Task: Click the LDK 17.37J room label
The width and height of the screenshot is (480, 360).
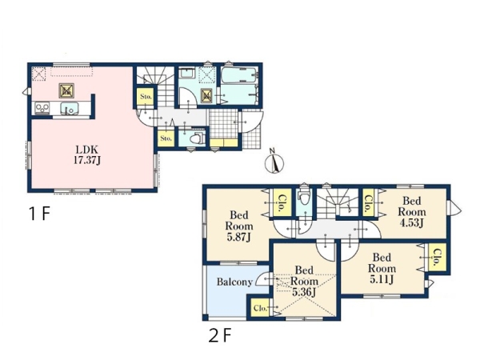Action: pyautogui.click(x=87, y=155)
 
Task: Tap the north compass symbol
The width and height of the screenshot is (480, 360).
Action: pyautogui.click(x=274, y=162)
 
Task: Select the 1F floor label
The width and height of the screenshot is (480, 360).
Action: pyautogui.click(x=39, y=214)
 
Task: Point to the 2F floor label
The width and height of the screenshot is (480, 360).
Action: pyautogui.click(x=219, y=335)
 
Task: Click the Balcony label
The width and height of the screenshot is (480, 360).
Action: pyautogui.click(x=234, y=282)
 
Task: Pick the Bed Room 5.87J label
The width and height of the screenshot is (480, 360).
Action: pyautogui.click(x=239, y=226)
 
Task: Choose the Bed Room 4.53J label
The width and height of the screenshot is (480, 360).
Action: pyautogui.click(x=412, y=212)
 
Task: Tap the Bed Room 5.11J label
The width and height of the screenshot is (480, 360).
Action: pyautogui.click(x=382, y=268)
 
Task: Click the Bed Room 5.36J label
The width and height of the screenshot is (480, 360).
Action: pyautogui.click(x=304, y=281)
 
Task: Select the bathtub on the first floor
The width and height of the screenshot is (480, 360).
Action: pyautogui.click(x=239, y=75)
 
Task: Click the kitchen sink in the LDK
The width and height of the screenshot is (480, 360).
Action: pyautogui.click(x=69, y=109)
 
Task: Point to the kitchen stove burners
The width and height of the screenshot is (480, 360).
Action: pyautogui.click(x=42, y=108)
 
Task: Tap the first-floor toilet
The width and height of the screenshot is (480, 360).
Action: pyautogui.click(x=196, y=138)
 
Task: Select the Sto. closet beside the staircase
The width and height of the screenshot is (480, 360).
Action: pyautogui.click(x=146, y=97)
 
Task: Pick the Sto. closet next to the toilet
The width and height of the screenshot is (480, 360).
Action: pyautogui.click(x=166, y=138)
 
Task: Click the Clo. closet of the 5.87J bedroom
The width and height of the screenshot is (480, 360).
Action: pyautogui.click(x=282, y=203)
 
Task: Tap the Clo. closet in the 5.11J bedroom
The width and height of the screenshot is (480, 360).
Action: pyautogui.click(x=438, y=257)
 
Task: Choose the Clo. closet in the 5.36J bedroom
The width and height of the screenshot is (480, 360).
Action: pyautogui.click(x=260, y=308)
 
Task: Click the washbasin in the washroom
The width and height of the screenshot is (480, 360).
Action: pyautogui.click(x=186, y=74)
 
